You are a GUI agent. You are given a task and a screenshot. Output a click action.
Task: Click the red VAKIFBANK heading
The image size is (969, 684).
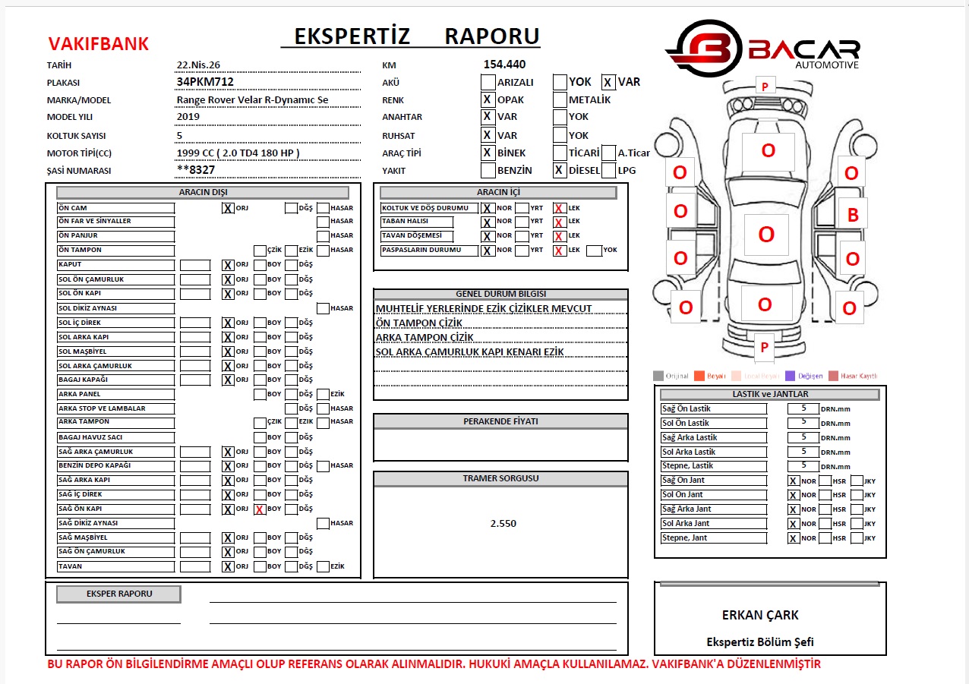click(x=99, y=44)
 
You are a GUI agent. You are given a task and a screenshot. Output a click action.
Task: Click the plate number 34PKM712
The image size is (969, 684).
click(x=205, y=82)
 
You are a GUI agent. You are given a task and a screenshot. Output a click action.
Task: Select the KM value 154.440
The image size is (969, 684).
click(x=504, y=65)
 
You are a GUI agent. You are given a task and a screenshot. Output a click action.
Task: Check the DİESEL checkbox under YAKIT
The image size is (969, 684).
click(x=559, y=171)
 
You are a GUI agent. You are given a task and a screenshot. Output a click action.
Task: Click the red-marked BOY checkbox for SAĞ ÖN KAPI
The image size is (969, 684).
click(x=260, y=509)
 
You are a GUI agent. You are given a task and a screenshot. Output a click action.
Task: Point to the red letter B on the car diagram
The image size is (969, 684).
click(x=852, y=216)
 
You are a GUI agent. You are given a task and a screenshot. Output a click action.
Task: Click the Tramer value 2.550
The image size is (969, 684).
click(x=503, y=523)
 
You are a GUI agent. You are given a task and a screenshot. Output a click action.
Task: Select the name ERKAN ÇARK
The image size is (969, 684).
click(x=760, y=615)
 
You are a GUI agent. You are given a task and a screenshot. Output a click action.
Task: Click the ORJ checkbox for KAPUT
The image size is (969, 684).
click(x=228, y=265)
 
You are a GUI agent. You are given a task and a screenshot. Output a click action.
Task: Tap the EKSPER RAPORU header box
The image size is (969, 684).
click(x=119, y=594)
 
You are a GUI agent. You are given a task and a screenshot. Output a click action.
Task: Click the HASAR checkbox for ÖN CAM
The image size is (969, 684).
click(x=324, y=208)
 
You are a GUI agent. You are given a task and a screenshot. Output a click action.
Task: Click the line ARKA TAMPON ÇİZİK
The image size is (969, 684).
click(x=425, y=337)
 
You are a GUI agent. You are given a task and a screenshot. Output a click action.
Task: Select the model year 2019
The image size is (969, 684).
click(x=188, y=116)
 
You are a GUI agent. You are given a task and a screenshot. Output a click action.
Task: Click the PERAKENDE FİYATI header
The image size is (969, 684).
click(x=500, y=421)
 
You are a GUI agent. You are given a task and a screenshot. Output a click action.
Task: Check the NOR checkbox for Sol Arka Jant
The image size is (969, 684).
click(x=794, y=524)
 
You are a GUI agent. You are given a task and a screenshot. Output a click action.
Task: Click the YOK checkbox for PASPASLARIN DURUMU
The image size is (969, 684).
click(x=594, y=251)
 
